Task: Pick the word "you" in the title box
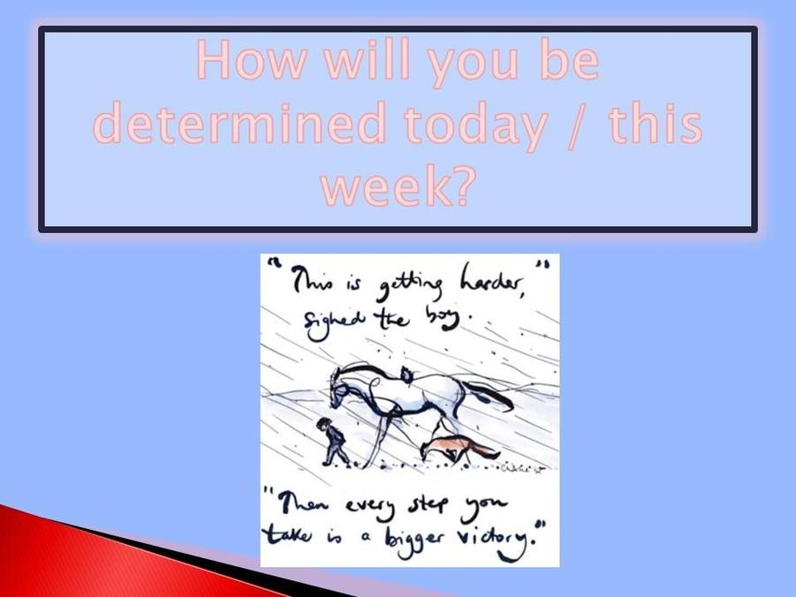474,65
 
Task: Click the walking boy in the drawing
333,442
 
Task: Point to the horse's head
340,389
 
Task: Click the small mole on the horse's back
406,374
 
